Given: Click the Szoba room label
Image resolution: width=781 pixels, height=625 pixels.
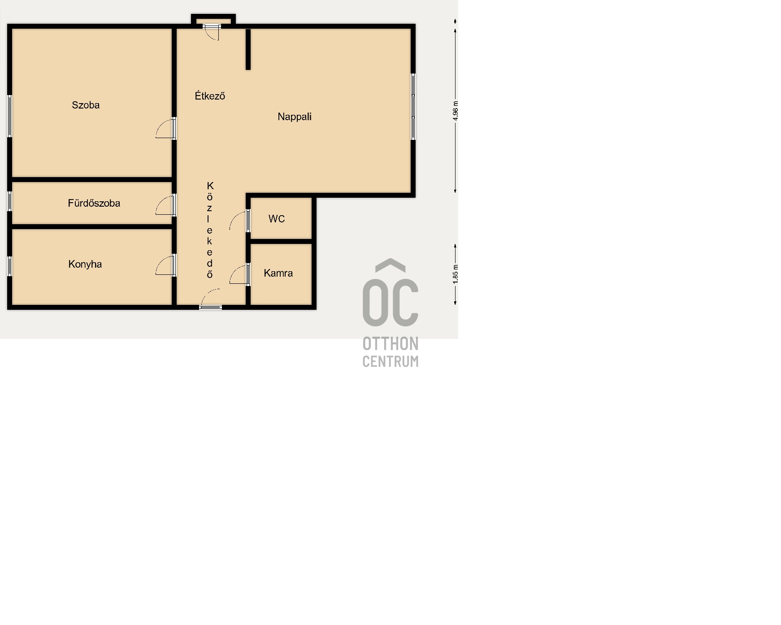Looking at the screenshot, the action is point(86,105).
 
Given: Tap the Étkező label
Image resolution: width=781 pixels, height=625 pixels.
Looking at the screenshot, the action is point(210,95).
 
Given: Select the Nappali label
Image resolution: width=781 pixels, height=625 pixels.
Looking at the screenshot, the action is point(295,117).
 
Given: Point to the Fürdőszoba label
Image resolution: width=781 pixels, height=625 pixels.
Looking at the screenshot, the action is point(94,203).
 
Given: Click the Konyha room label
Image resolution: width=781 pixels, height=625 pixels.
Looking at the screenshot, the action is point(85,264).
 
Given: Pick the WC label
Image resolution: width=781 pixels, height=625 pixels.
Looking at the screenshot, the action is point(277,219).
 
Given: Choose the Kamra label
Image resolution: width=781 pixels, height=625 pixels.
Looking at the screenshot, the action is point(278,273).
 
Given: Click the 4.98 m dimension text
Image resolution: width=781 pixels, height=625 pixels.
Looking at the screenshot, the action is point(456,111).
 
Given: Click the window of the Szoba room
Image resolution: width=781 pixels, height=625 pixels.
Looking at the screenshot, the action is point(9,116).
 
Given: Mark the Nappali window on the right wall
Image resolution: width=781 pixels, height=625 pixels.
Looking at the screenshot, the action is point(413,107).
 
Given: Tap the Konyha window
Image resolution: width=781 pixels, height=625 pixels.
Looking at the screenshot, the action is point(9,266).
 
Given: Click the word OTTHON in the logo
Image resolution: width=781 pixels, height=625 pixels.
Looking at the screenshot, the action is point(390,344).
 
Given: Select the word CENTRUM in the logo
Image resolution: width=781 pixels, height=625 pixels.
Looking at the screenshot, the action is point(390,361).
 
